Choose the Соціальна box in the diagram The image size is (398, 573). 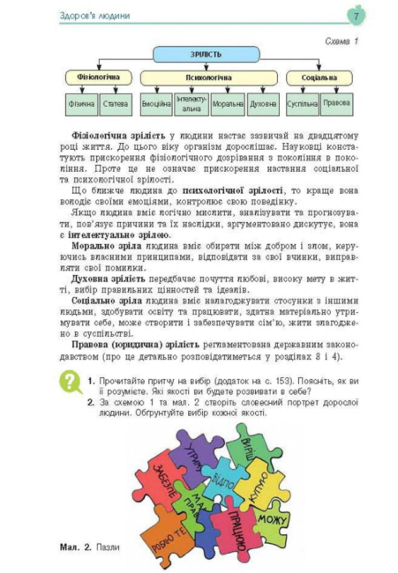(318, 78)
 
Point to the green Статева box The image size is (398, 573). (115, 105)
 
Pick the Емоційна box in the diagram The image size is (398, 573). (156, 105)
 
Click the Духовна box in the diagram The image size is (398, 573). (263, 105)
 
